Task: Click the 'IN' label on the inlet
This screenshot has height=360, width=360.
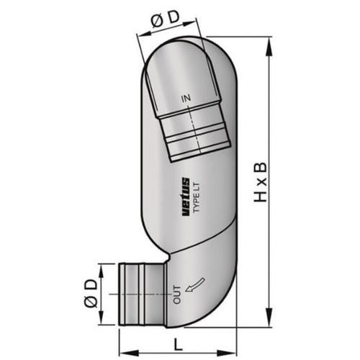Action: pos(186,98)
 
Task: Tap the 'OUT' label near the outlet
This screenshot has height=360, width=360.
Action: pos(177,295)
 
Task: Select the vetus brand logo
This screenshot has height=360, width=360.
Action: pos(186,197)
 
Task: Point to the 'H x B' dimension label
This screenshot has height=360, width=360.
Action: pos(261,182)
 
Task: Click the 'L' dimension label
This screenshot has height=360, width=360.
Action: pos(178,345)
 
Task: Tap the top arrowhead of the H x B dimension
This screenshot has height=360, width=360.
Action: pos(270,47)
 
